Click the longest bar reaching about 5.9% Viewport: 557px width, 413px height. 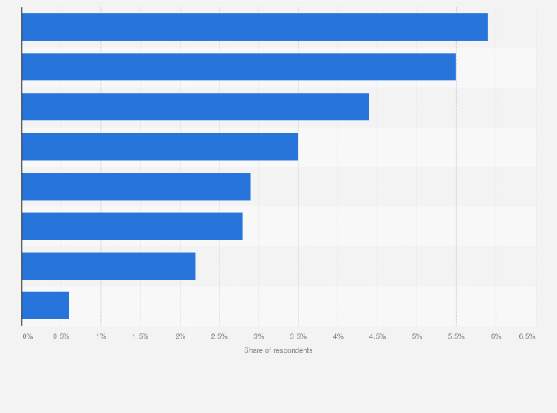(x=254, y=27)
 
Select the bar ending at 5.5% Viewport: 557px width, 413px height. (x=239, y=67)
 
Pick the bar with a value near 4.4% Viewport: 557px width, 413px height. (x=195, y=107)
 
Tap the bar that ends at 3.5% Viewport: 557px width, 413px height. (x=160, y=147)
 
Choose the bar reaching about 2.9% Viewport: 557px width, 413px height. (x=136, y=187)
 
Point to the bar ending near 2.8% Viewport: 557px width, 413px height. (x=132, y=226)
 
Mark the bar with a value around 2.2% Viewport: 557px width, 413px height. (x=109, y=266)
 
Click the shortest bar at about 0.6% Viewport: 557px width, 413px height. (x=45, y=306)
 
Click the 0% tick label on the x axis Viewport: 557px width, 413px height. (x=27, y=336)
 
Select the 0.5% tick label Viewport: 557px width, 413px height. (x=61, y=336)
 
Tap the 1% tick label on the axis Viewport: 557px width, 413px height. (x=101, y=336)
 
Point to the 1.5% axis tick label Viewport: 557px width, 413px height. (x=140, y=336)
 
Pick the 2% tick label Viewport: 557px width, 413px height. (x=180, y=336)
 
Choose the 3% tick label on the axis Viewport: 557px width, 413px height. (x=259, y=336)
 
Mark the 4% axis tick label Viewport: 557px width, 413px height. (x=338, y=336)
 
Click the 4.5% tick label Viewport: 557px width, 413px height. (x=377, y=336)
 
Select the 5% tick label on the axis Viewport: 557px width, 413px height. (x=417, y=336)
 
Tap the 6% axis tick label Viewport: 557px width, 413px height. (x=496, y=336)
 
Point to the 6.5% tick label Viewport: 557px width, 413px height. (x=527, y=336)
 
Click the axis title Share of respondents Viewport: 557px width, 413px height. (x=278, y=350)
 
